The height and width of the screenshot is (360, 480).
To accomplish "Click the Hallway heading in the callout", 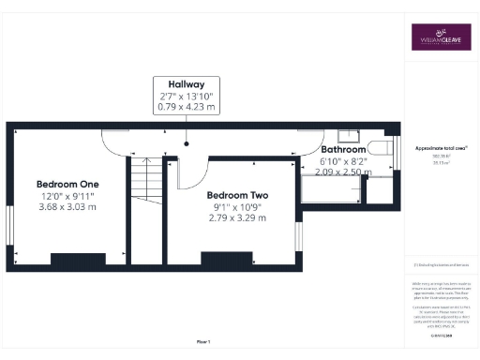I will [x=186, y=83].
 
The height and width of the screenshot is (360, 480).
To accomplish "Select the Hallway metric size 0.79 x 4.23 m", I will [x=186, y=107].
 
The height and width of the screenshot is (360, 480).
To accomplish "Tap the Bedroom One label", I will [x=67, y=183].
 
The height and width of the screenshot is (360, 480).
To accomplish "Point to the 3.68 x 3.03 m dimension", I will [x=67, y=206].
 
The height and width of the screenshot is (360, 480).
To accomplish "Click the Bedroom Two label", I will [x=236, y=194].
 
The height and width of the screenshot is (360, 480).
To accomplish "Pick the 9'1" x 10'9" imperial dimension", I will [x=236, y=206].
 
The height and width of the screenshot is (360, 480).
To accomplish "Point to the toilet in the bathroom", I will [x=381, y=146].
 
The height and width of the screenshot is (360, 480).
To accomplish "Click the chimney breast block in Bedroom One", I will [x=78, y=259].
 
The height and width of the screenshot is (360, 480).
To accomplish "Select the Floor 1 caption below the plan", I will [x=203, y=342].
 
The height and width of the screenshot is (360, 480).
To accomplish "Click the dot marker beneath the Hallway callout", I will [x=186, y=144].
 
